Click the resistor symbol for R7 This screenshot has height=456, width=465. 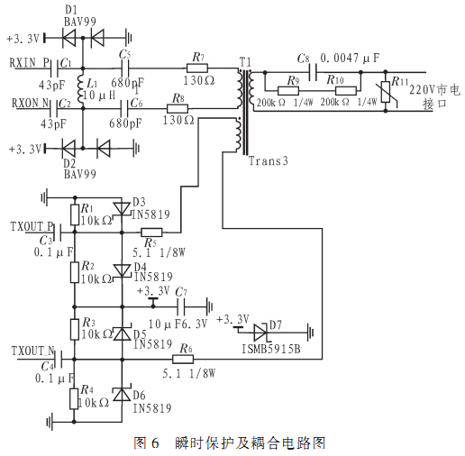coord(196,68)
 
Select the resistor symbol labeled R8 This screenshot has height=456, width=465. coord(178,108)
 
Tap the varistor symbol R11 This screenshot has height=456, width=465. coord(386,92)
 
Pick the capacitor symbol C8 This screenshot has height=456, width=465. coord(313,72)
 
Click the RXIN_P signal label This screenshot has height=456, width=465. coord(30,63)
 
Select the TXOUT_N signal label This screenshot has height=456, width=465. coord(32,351)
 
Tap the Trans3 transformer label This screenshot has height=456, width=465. coord(268,161)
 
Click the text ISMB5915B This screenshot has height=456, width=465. coord(271,349)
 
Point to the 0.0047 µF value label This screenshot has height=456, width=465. coord(350,58)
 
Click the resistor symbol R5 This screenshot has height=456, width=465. coord(151,233)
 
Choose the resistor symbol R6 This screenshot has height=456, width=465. coord(183,359)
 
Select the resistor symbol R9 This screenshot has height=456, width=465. coord(288,91)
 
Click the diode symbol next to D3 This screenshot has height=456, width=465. coord(122,208)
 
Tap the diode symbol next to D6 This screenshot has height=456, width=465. coord(122,394)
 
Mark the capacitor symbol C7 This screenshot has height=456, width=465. coord(180,306)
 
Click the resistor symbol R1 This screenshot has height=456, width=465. coord(75,214)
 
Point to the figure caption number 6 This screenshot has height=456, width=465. coord(155,443)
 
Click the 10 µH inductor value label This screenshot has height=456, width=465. coord(99,96)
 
